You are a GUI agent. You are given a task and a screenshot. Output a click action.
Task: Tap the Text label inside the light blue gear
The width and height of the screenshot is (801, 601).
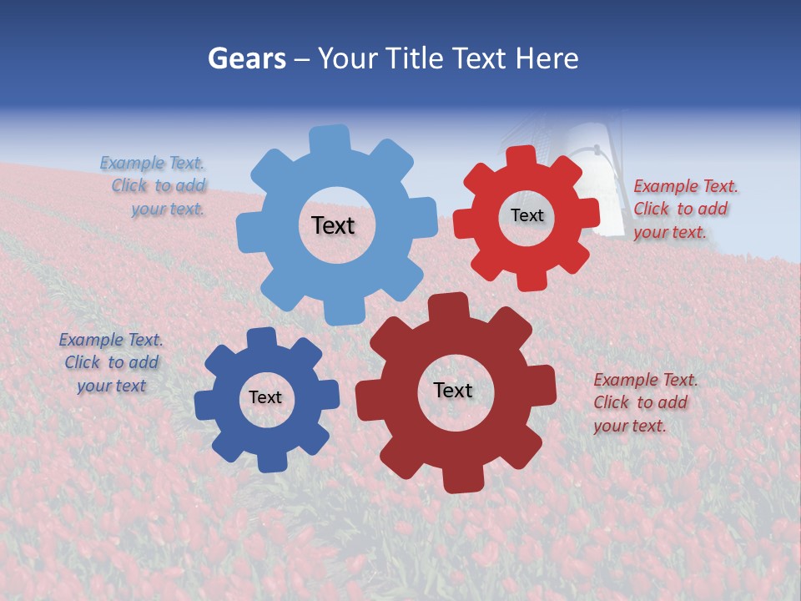click(x=333, y=225)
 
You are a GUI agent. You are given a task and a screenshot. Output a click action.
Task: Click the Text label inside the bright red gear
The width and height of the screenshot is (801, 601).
click(x=526, y=215)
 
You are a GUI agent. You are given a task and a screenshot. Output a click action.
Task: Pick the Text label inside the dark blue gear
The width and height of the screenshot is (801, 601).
click(x=265, y=397)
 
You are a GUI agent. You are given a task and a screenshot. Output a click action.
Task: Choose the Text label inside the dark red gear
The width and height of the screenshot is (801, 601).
click(x=453, y=390)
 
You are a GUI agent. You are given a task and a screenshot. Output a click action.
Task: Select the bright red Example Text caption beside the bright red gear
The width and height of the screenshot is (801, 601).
click(x=684, y=209)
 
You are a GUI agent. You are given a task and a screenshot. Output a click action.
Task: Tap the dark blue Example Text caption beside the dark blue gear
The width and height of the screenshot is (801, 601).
click(x=111, y=362)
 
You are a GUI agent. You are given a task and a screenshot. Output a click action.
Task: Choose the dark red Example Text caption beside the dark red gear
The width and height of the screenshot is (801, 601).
click(x=644, y=402)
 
